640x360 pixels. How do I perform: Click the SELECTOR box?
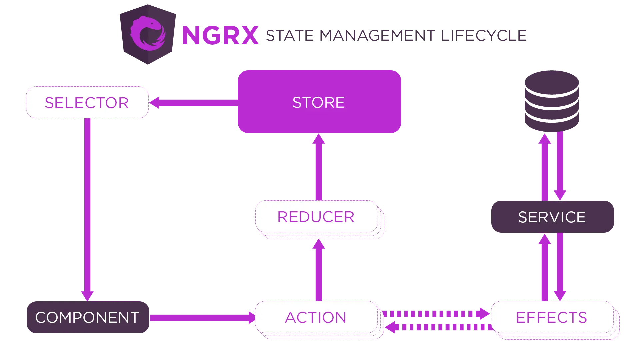(x=87, y=102)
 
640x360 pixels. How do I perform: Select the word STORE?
(x=318, y=102)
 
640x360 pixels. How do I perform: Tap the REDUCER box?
(x=316, y=217)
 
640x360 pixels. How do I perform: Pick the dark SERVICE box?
(x=552, y=217)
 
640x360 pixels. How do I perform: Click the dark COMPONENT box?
(x=87, y=317)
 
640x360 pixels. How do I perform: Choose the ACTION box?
(x=316, y=317)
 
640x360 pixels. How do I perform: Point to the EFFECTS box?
(x=552, y=317)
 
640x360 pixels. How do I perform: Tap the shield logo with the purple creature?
(x=147, y=34)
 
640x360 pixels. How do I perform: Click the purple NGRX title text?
(x=220, y=35)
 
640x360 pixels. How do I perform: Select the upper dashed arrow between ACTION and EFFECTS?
(x=433, y=313)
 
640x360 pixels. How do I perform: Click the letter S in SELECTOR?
(x=49, y=103)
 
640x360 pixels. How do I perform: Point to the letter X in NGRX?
(x=247, y=35)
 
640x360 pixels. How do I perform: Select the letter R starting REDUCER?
(x=282, y=217)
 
